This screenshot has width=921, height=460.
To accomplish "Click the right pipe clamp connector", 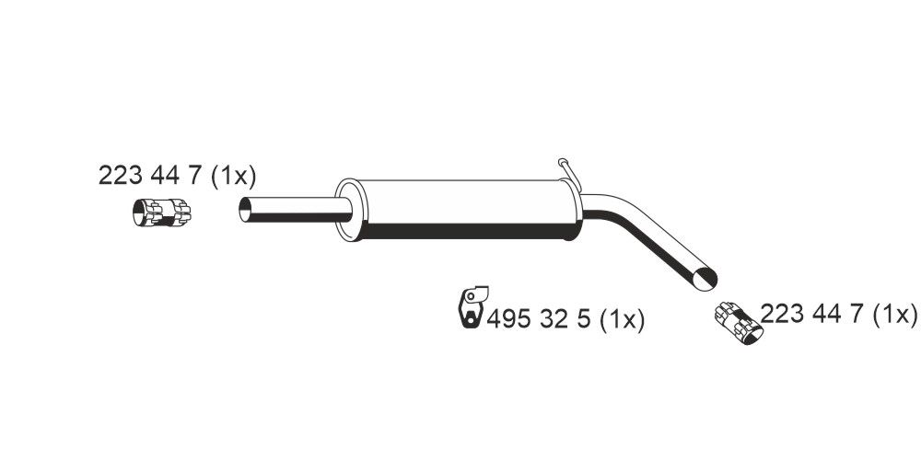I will [x=739, y=321].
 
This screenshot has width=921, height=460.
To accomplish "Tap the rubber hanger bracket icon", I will [x=470, y=307].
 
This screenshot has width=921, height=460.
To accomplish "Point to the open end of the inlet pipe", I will [x=246, y=209].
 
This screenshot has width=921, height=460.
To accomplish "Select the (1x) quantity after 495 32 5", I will [x=621, y=319].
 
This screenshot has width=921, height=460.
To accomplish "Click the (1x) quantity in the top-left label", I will [x=233, y=176].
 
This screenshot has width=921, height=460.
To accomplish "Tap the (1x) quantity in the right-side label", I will [x=894, y=315].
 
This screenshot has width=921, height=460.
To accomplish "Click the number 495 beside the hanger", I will [x=509, y=319].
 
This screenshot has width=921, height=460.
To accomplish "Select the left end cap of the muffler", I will [x=348, y=210].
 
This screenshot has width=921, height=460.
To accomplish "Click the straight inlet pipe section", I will [x=295, y=209].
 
